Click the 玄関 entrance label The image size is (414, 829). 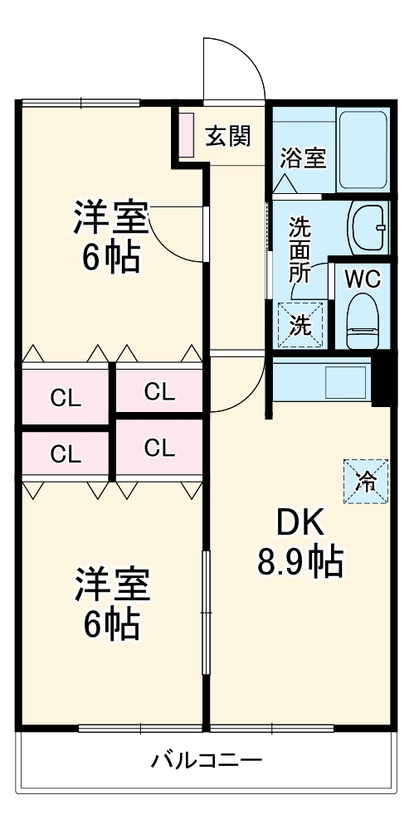pos(228,136)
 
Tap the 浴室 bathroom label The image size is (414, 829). pos(303,158)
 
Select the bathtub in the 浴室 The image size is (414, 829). pos(363,149)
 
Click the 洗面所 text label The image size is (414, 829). pos(300,250)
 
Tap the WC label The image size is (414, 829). pos(362,279)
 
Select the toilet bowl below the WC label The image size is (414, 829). pos(362,322)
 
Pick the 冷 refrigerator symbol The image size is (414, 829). pos(366,480)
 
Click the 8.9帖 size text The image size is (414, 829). pos(299,564)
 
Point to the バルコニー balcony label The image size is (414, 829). pos(207,759)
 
